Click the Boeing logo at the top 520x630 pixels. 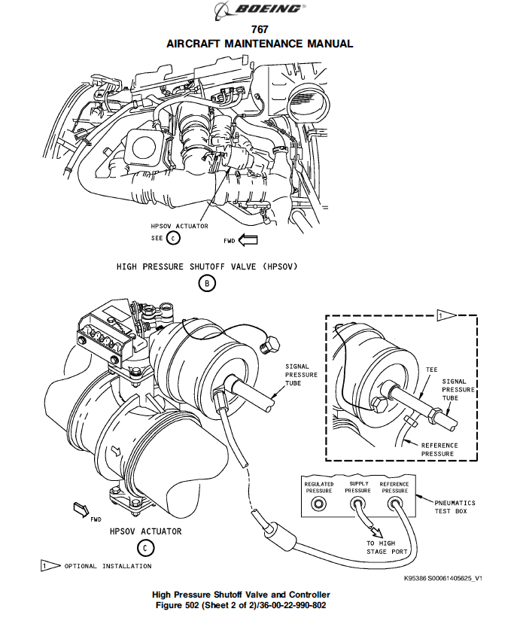point(260,10)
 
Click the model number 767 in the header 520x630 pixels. point(260,29)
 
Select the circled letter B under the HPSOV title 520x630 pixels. point(207,283)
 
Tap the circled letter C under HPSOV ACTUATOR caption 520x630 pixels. point(145,548)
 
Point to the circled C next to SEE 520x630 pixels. point(173,239)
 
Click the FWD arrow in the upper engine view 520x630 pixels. point(248,240)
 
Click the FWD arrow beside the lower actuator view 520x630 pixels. point(81,509)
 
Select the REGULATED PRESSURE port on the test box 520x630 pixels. point(318,504)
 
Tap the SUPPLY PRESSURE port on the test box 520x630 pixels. point(357,504)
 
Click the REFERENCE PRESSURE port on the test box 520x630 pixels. point(394,504)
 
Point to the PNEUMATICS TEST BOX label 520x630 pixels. point(455,507)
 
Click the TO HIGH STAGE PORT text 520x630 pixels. point(387,547)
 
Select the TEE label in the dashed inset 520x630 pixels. point(432,370)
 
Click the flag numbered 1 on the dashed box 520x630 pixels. point(446,315)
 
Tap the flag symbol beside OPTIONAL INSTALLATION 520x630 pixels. point(50,566)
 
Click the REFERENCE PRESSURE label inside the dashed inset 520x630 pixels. point(439,449)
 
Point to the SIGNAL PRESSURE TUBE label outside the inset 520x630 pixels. point(301,375)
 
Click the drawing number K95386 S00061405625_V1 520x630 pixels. point(442,578)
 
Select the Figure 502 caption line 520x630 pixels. point(241,605)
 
